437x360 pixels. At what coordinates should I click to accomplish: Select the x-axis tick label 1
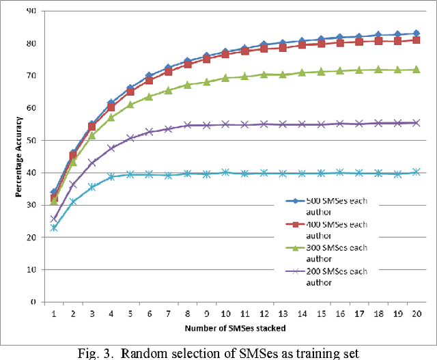[x=54, y=312]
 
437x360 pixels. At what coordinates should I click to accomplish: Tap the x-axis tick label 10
[x=225, y=312]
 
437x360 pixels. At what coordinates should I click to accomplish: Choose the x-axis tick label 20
[x=416, y=312]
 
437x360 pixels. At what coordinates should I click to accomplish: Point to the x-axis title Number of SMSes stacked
[x=235, y=329]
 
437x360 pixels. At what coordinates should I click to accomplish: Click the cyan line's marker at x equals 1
[x=54, y=227]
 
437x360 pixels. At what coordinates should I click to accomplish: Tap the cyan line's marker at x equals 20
[x=416, y=172]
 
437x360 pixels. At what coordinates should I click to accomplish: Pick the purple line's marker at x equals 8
[x=187, y=125]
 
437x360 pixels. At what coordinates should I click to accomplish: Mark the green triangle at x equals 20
[x=416, y=69]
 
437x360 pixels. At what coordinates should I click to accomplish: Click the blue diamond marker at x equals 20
[x=416, y=33]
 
